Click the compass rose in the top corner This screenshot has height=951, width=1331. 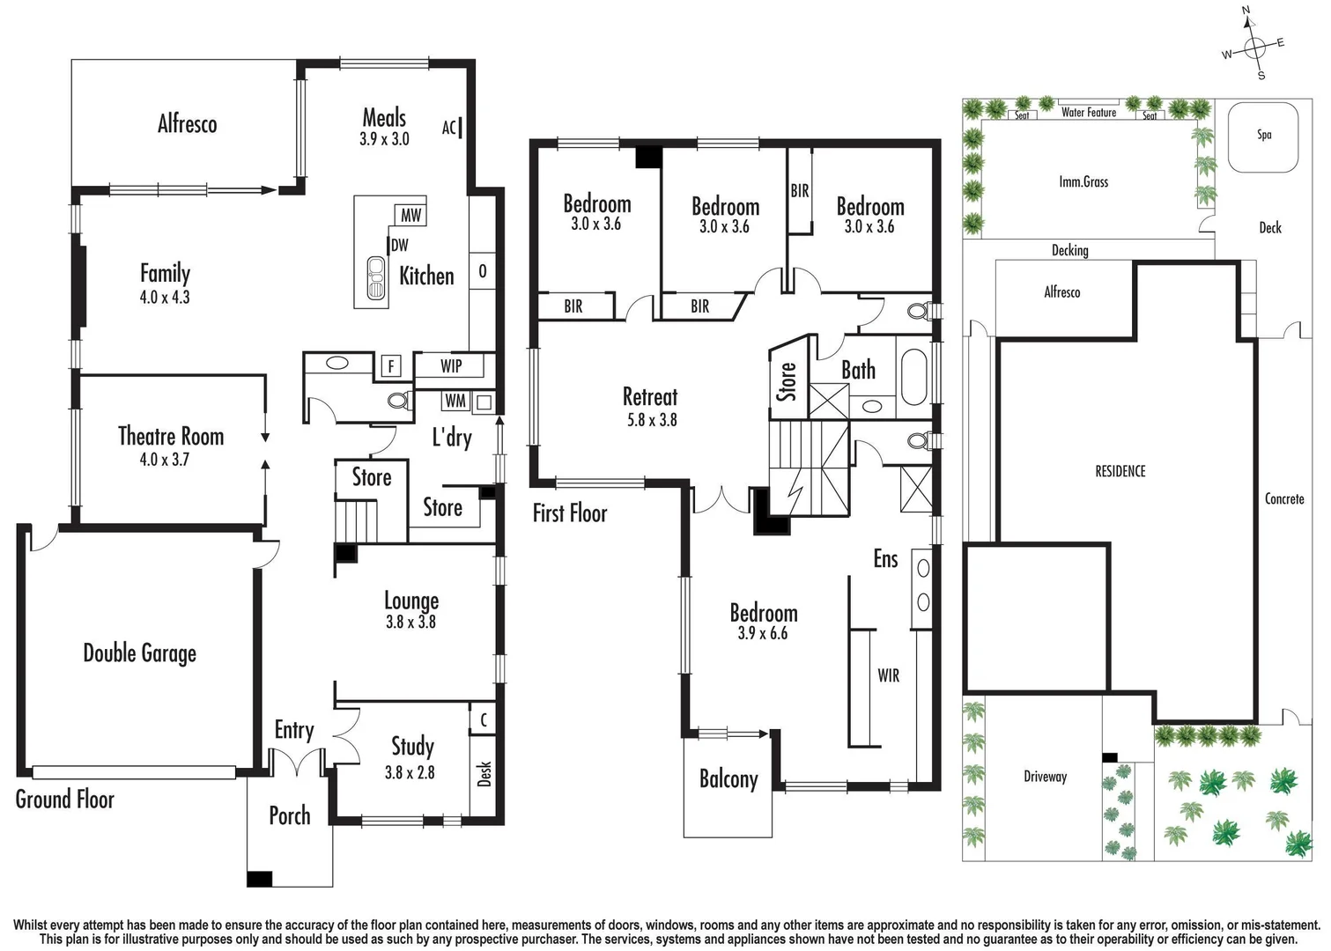pos(1254,46)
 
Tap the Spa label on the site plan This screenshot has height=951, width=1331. pos(1264,135)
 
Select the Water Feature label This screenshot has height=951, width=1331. pos(1088,113)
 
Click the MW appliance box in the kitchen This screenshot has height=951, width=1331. pos(410,215)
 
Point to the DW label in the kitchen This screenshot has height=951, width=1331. pos(399,246)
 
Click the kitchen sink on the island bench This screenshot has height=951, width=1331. pos(376,277)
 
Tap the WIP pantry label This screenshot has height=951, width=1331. pos(451,365)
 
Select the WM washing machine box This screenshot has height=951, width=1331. pos(455,401)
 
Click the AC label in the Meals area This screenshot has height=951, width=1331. pos(449,128)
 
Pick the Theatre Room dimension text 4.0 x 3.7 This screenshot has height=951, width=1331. pos(164,459)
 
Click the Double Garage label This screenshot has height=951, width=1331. pos(139,652)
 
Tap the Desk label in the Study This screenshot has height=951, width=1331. pos(484,773)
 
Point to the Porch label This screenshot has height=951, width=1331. pos(289,815)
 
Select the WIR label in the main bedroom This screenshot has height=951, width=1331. pos(888,675)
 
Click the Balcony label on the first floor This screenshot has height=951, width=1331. pos(728,779)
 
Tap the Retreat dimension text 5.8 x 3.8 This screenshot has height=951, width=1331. pos(652,420)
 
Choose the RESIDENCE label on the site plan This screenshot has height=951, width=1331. pos(1120,471)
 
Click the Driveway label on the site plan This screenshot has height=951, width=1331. pos(1045,777)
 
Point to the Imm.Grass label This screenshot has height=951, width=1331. pos(1083,182)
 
